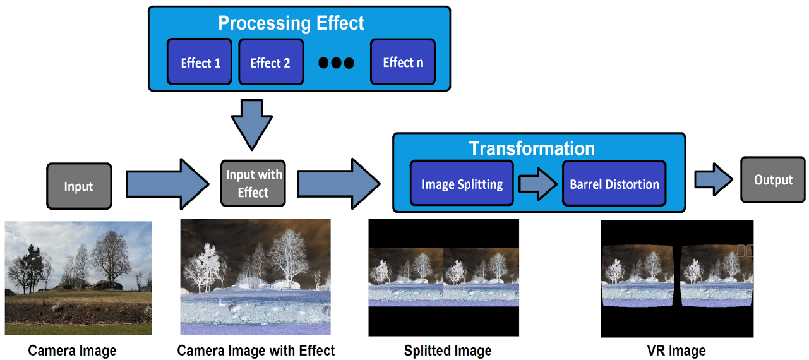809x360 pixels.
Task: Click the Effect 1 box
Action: click(200, 62)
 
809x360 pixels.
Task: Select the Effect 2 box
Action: click(270, 62)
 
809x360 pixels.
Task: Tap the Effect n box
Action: click(403, 62)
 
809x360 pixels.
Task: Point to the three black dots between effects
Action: click(336, 63)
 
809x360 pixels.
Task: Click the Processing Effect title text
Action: click(291, 23)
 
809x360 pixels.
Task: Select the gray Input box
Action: click(79, 186)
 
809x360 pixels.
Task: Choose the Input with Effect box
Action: click(253, 183)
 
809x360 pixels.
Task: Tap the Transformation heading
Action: click(532, 148)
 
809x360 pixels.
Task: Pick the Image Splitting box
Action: click(462, 184)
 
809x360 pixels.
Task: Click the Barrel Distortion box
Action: click(614, 184)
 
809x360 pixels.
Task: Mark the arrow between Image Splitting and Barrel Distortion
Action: click(537, 184)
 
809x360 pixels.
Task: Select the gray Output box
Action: click(773, 180)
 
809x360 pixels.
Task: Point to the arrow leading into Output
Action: click(714, 180)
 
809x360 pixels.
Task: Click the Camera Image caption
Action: click(73, 351)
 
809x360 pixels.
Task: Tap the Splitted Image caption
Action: click(448, 351)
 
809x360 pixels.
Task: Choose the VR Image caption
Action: click(676, 351)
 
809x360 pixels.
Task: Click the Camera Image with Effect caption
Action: click(256, 351)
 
